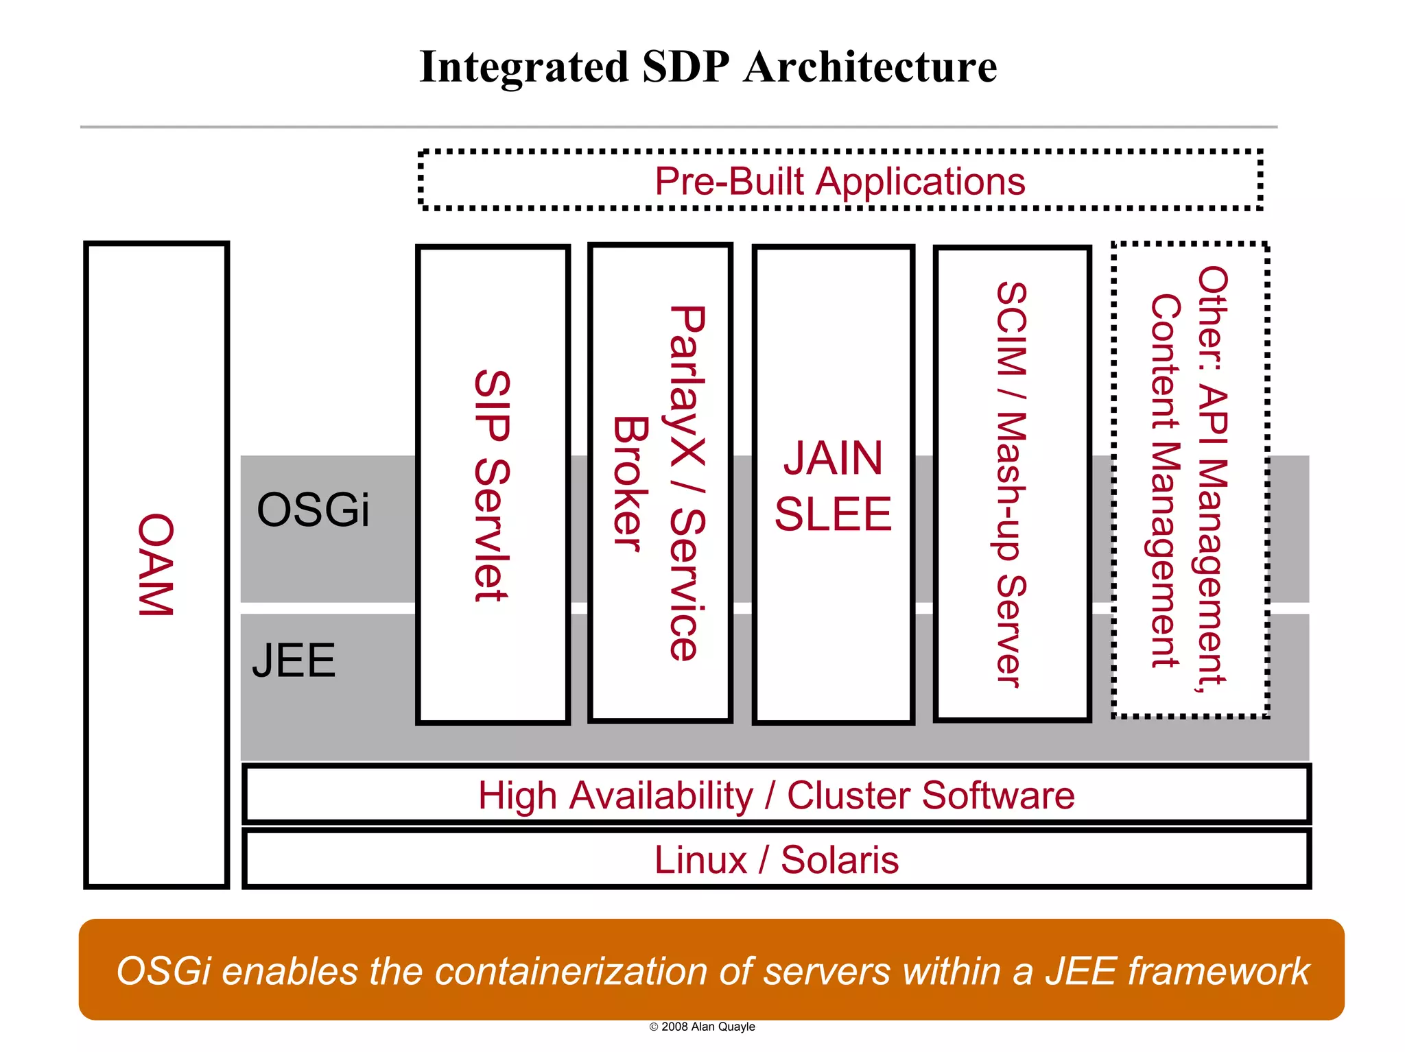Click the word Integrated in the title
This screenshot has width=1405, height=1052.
[523, 67]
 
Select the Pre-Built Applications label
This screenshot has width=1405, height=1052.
[839, 182]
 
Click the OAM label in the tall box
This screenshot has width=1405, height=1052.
[156, 564]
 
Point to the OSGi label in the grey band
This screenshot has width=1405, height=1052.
[313, 510]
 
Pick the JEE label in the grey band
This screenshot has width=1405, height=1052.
[294, 660]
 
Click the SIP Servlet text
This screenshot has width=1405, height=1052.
[493, 486]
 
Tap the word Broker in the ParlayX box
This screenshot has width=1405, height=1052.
[630, 483]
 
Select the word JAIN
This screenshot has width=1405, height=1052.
[833, 458]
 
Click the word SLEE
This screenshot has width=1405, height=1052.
[833, 514]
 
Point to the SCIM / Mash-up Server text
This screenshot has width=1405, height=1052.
[1011, 483]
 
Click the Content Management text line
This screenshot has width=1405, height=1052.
[1165, 480]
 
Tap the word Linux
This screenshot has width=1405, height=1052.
[700, 860]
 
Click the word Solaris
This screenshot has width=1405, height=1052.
[839, 860]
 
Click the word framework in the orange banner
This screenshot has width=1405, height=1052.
[1218, 972]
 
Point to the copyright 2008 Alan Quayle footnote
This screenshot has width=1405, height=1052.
[702, 1027]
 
